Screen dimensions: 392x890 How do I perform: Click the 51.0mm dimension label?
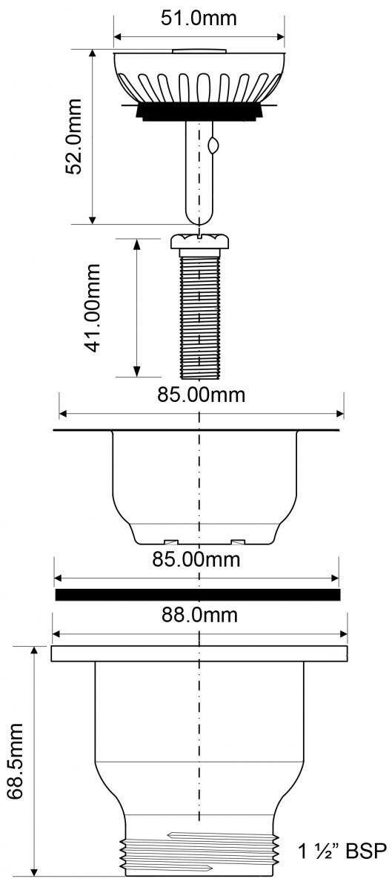coord(199,19)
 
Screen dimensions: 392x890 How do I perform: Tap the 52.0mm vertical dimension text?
coord(74,136)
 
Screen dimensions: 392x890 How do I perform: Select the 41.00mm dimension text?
coord(93,308)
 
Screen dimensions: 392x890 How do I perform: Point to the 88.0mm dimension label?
coord(199,615)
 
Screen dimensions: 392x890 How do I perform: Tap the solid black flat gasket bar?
coord(198,594)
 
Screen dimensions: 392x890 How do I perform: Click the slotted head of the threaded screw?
coord(200,241)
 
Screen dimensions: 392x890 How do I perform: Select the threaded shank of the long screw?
coord(200,316)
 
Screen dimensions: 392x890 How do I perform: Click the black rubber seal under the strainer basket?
coord(199,111)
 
